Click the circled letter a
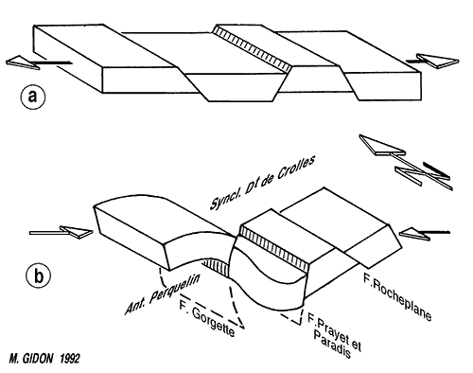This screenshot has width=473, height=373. point(33,96)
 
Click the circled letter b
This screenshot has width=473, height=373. point(39,275)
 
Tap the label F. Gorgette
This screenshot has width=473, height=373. point(207,319)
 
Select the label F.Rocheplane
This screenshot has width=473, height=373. point(397,297)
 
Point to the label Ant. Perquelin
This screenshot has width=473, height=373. point(163,294)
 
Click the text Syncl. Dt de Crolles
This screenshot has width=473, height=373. point(262,183)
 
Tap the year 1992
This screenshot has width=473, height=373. point(69,359)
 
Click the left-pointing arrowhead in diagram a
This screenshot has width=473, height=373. point(23,62)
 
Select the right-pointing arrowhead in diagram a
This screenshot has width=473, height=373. point(438,61)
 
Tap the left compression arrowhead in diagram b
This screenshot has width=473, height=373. point(77,232)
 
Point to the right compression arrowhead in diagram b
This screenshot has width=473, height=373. point(414,234)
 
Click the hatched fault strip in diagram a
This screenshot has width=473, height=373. point(252,49)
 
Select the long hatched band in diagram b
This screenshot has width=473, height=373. point(273,250)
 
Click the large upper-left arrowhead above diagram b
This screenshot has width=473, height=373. point(382,145)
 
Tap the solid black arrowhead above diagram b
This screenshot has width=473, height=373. point(436,170)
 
